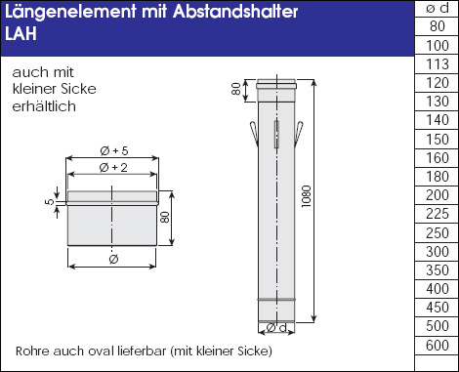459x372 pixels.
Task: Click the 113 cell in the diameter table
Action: click(x=437, y=64)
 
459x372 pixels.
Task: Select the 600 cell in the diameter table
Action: click(x=437, y=345)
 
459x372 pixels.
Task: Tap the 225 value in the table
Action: click(x=437, y=214)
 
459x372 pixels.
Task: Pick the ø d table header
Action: click(x=437, y=8)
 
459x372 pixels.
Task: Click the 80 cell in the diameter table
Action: click(x=437, y=26)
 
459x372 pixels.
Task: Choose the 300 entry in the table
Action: click(x=437, y=252)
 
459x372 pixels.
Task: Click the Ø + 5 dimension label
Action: click(x=114, y=150)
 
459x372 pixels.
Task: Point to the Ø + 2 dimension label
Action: click(x=113, y=168)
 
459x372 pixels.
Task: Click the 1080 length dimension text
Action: click(x=307, y=196)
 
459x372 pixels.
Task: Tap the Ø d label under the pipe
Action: click(x=276, y=327)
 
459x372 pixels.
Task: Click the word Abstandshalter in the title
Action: click(x=235, y=12)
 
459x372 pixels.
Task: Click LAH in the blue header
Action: click(x=21, y=33)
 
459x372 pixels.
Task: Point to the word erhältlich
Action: click(x=44, y=106)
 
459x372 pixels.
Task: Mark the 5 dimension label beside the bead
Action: click(x=49, y=202)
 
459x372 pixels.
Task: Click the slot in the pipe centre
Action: click(x=276, y=134)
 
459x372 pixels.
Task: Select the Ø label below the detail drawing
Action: click(x=113, y=260)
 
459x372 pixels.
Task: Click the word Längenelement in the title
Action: click(x=70, y=12)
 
